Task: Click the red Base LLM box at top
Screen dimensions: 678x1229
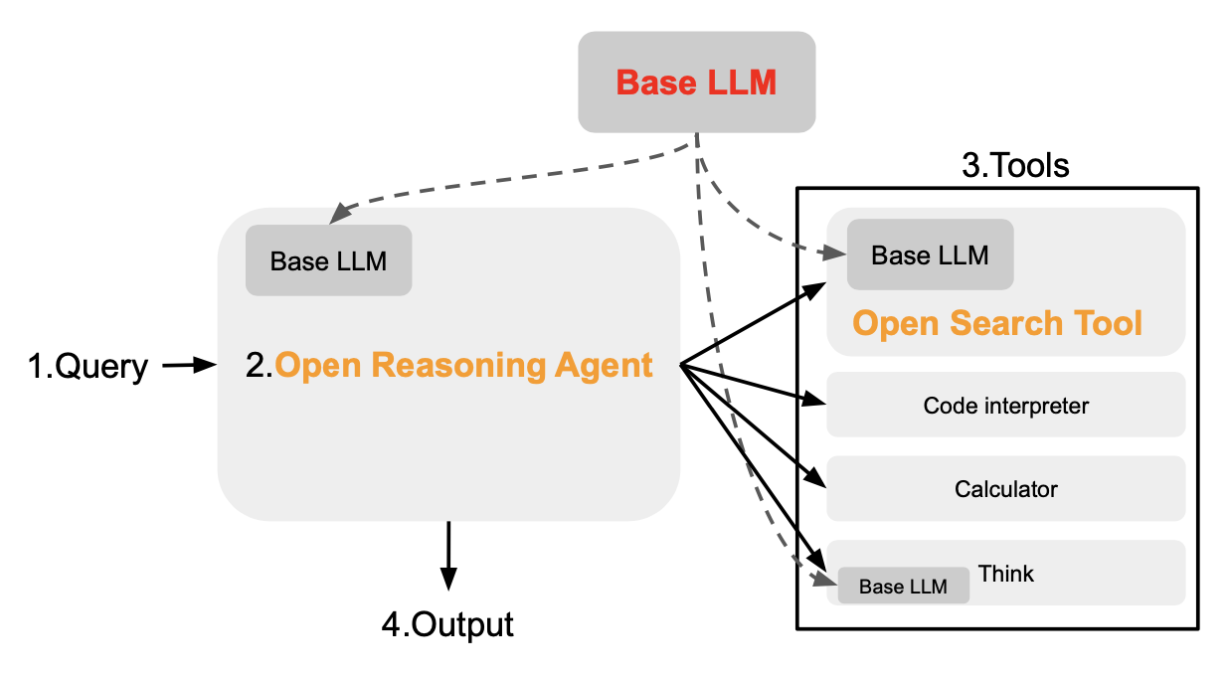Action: click(x=696, y=82)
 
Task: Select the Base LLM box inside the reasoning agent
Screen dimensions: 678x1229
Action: click(x=328, y=260)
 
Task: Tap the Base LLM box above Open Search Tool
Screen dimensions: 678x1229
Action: click(x=930, y=255)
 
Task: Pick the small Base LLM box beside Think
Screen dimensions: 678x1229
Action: click(x=903, y=587)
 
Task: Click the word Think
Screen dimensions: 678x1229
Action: click(x=1006, y=574)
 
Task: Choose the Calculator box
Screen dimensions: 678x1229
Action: click(x=1005, y=489)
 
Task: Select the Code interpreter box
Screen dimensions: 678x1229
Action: click(x=1005, y=406)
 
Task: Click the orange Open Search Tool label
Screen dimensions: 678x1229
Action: click(x=997, y=323)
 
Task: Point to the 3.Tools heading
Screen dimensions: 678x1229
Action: click(x=1015, y=166)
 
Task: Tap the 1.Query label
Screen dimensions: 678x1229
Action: click(x=88, y=368)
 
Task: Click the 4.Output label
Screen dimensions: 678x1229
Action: click(x=447, y=625)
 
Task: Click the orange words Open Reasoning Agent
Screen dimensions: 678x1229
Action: click(x=463, y=366)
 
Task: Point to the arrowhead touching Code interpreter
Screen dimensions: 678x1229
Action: click(x=817, y=401)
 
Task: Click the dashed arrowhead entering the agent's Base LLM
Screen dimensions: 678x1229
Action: click(x=338, y=214)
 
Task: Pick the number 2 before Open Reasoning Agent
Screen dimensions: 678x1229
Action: click(x=255, y=366)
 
